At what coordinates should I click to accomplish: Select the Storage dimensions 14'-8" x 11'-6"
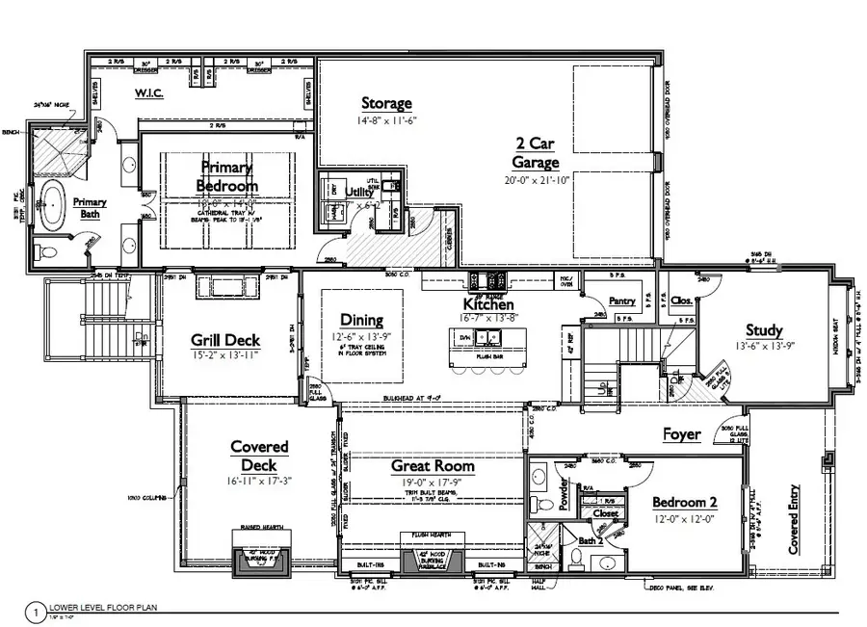[386, 121]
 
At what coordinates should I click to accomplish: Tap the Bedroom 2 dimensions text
[684, 520]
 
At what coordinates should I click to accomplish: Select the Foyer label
[682, 434]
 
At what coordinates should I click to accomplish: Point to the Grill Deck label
[223, 340]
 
